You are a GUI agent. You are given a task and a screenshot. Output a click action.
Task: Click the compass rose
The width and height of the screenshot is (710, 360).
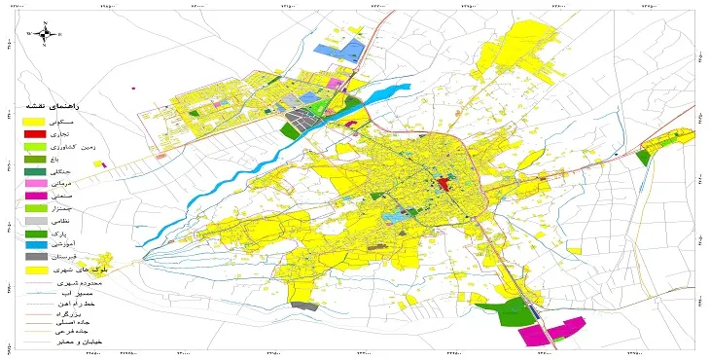40,32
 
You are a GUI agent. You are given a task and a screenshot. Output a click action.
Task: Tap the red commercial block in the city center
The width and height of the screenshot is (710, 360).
444,183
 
